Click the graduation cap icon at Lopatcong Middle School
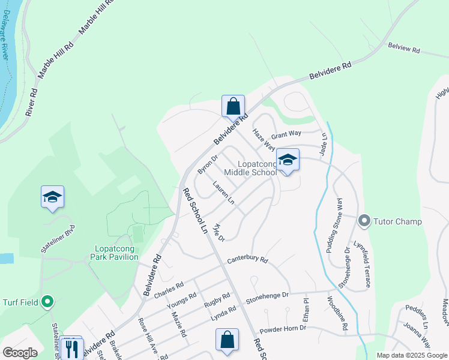pyautogui.click(x=288, y=160)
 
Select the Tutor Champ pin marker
pyautogui.click(x=364, y=221)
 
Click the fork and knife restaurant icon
pyautogui.click(x=73, y=349)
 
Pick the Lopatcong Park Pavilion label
pyautogui.click(x=117, y=253)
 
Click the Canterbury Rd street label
pyautogui.click(x=247, y=261)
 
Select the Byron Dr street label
pyautogui.click(x=206, y=163)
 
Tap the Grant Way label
pyautogui.click(x=288, y=135)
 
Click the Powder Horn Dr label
pyautogui.click(x=283, y=329)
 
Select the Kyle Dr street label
pyautogui.click(x=218, y=232)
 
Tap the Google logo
pyautogui.click(x=20, y=353)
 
